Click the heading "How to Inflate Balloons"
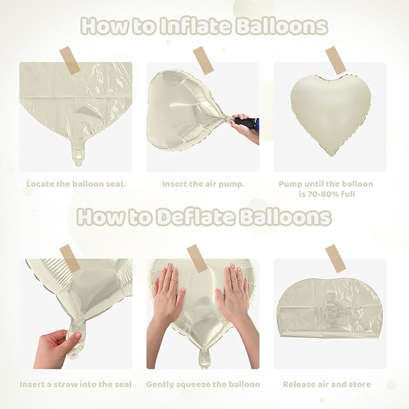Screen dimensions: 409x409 [204, 27]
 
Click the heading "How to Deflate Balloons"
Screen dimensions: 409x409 [204, 217]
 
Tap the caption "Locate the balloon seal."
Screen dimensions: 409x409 [76, 184]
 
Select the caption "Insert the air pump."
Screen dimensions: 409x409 [203, 184]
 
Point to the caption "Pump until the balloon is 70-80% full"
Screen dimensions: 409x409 [326, 189]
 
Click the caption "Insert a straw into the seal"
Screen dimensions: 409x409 [76, 384]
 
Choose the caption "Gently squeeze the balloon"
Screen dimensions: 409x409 [203, 384]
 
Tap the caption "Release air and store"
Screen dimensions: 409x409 [327, 384]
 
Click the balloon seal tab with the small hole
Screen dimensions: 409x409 [77, 157]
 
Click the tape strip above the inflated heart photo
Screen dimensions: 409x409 [336, 60]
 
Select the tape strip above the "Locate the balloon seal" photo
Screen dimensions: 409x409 [70, 61]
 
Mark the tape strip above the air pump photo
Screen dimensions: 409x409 [203, 61]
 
